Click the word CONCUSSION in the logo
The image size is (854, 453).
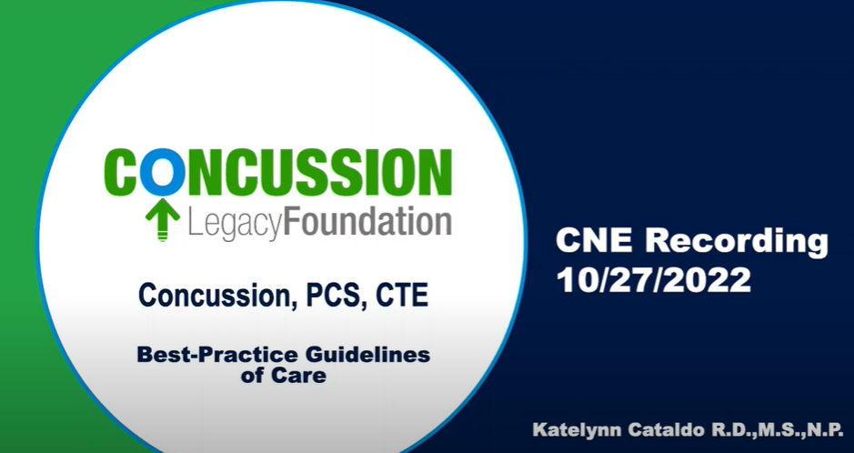278,172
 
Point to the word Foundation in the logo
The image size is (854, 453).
369,222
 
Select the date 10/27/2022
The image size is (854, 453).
654,279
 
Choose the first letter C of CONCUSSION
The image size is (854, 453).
123,172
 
